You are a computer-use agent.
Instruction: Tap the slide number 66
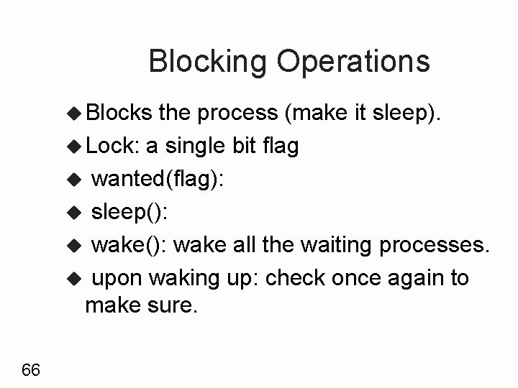tap(31, 370)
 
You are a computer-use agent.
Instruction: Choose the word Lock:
tap(112, 146)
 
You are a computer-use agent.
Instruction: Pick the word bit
tap(243, 146)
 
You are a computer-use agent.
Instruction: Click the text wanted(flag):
tap(158, 179)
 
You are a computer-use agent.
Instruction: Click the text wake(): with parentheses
tap(129, 244)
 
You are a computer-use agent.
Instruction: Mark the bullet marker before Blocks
tap(75, 114)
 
